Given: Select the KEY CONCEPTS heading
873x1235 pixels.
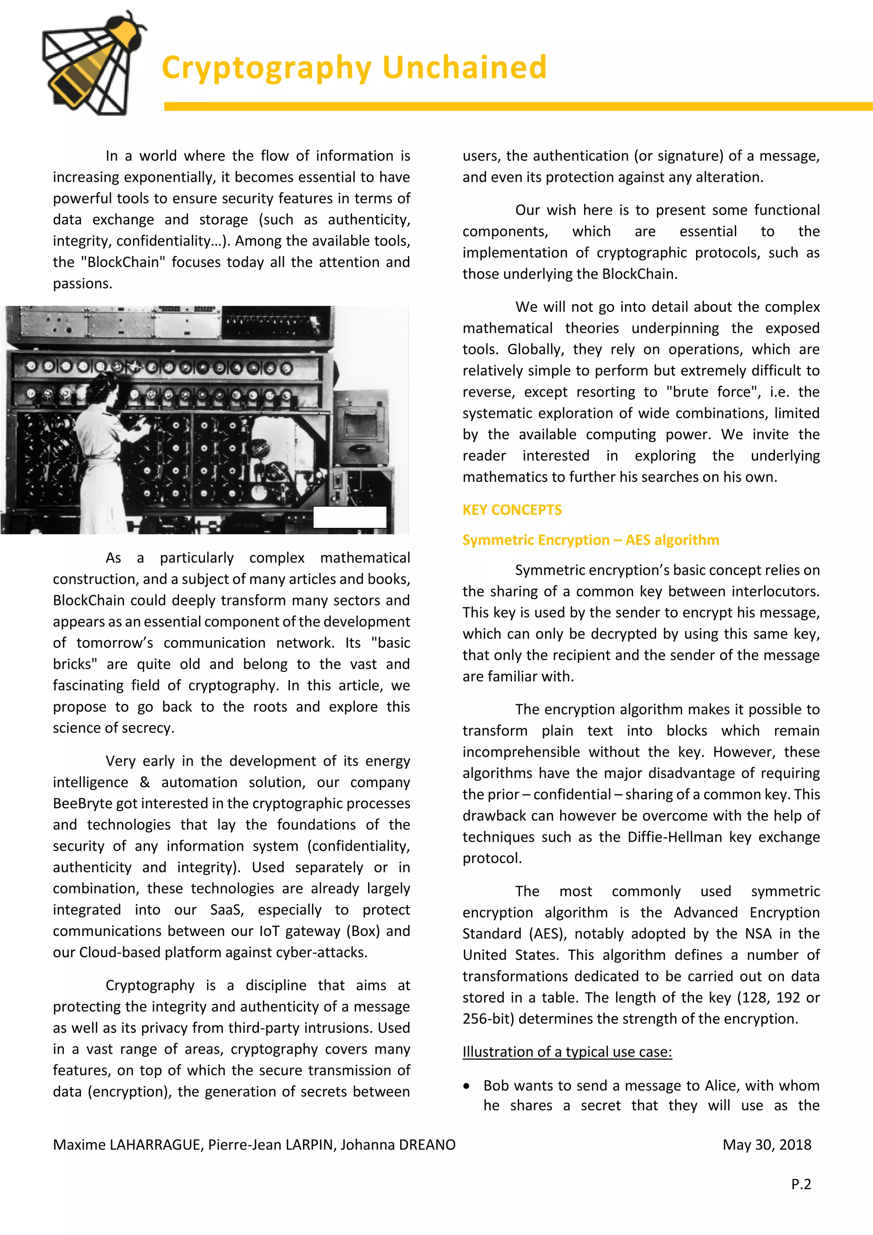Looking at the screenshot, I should [512, 510].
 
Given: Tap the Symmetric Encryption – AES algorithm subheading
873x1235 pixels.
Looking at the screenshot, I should [590, 540].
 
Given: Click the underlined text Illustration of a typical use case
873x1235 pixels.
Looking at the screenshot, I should [567, 1052].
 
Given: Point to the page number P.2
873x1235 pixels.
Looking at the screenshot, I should [801, 1184].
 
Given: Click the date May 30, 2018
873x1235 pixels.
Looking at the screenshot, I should [766, 1145].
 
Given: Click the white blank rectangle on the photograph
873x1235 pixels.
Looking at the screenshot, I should [350, 517].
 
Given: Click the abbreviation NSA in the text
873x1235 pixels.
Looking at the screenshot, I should [758, 934].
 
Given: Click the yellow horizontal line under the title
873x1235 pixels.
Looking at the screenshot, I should [516, 107].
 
